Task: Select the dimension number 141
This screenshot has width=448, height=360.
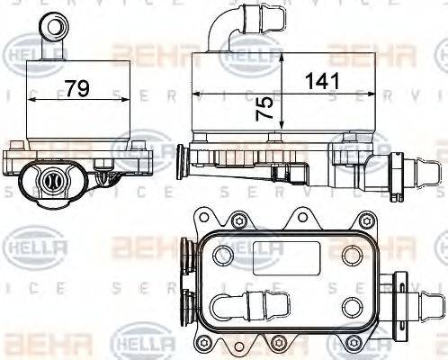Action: point(322,80)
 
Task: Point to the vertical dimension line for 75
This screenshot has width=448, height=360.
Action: point(282,90)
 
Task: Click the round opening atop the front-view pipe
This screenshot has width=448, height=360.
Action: point(56,21)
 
